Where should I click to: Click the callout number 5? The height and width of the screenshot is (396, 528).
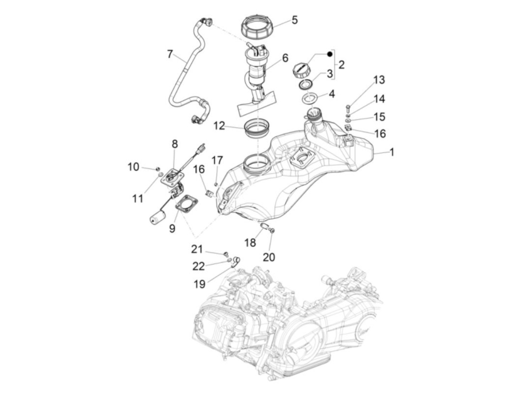295,20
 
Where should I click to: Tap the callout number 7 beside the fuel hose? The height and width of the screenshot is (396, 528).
170,54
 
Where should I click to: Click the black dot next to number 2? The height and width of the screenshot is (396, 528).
330,54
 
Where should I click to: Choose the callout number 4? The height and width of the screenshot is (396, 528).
332,93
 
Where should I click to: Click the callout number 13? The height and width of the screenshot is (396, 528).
379,80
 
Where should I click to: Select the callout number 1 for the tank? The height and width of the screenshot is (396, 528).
391,152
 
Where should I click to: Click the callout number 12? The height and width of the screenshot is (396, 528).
219,125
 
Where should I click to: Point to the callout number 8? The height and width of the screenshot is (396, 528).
175,144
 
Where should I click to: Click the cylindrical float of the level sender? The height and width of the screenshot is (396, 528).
158,218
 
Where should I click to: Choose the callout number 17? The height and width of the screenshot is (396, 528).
217,160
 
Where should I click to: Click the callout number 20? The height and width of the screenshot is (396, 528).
269,257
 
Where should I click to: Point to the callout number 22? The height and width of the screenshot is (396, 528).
199,266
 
